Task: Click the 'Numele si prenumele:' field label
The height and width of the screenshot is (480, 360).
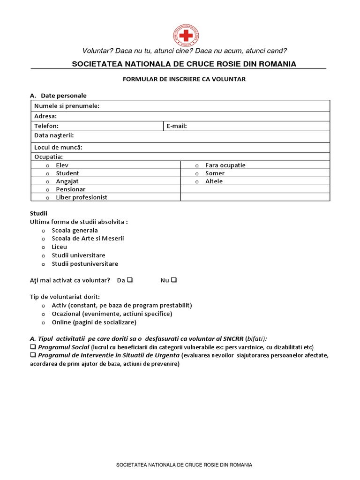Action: (67, 106)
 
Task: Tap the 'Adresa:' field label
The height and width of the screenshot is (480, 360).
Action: (45, 116)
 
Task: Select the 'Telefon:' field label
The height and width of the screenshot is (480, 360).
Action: (46, 126)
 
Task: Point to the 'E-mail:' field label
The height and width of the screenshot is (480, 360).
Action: (177, 126)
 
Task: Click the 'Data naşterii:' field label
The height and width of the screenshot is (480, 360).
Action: (51, 135)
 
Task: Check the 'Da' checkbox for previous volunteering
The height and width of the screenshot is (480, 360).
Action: (130, 280)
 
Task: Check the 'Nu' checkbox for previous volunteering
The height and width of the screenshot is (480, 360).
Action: (174, 280)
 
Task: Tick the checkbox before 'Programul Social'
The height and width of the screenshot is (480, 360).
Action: (33, 347)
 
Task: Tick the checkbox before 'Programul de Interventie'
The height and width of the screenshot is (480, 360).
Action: (33, 355)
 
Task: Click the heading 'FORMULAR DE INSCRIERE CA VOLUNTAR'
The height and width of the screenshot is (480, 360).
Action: (184, 79)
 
